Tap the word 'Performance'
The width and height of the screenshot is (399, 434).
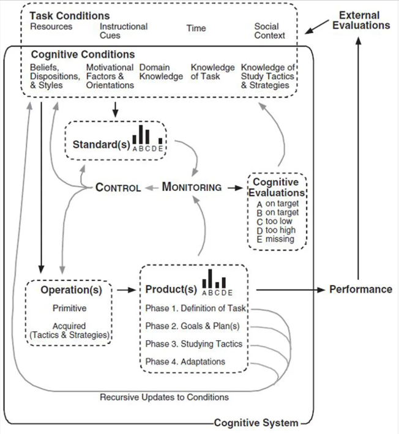(360, 289)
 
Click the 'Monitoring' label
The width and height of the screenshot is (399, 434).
(192, 187)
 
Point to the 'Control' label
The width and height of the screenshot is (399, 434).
(118, 187)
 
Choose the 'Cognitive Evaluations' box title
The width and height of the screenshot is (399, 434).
(275, 187)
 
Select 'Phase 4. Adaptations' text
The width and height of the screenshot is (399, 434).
(185, 361)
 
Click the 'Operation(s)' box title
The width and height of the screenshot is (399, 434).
(71, 290)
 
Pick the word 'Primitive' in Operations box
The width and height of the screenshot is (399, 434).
(69, 308)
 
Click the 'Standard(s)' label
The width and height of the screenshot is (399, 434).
(100, 145)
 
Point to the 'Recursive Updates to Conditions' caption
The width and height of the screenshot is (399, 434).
(164, 397)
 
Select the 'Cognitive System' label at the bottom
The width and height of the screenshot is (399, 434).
(256, 423)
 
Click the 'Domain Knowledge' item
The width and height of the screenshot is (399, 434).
(161, 72)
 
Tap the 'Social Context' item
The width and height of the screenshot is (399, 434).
(269, 31)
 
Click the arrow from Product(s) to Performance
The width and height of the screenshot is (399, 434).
(290, 289)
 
